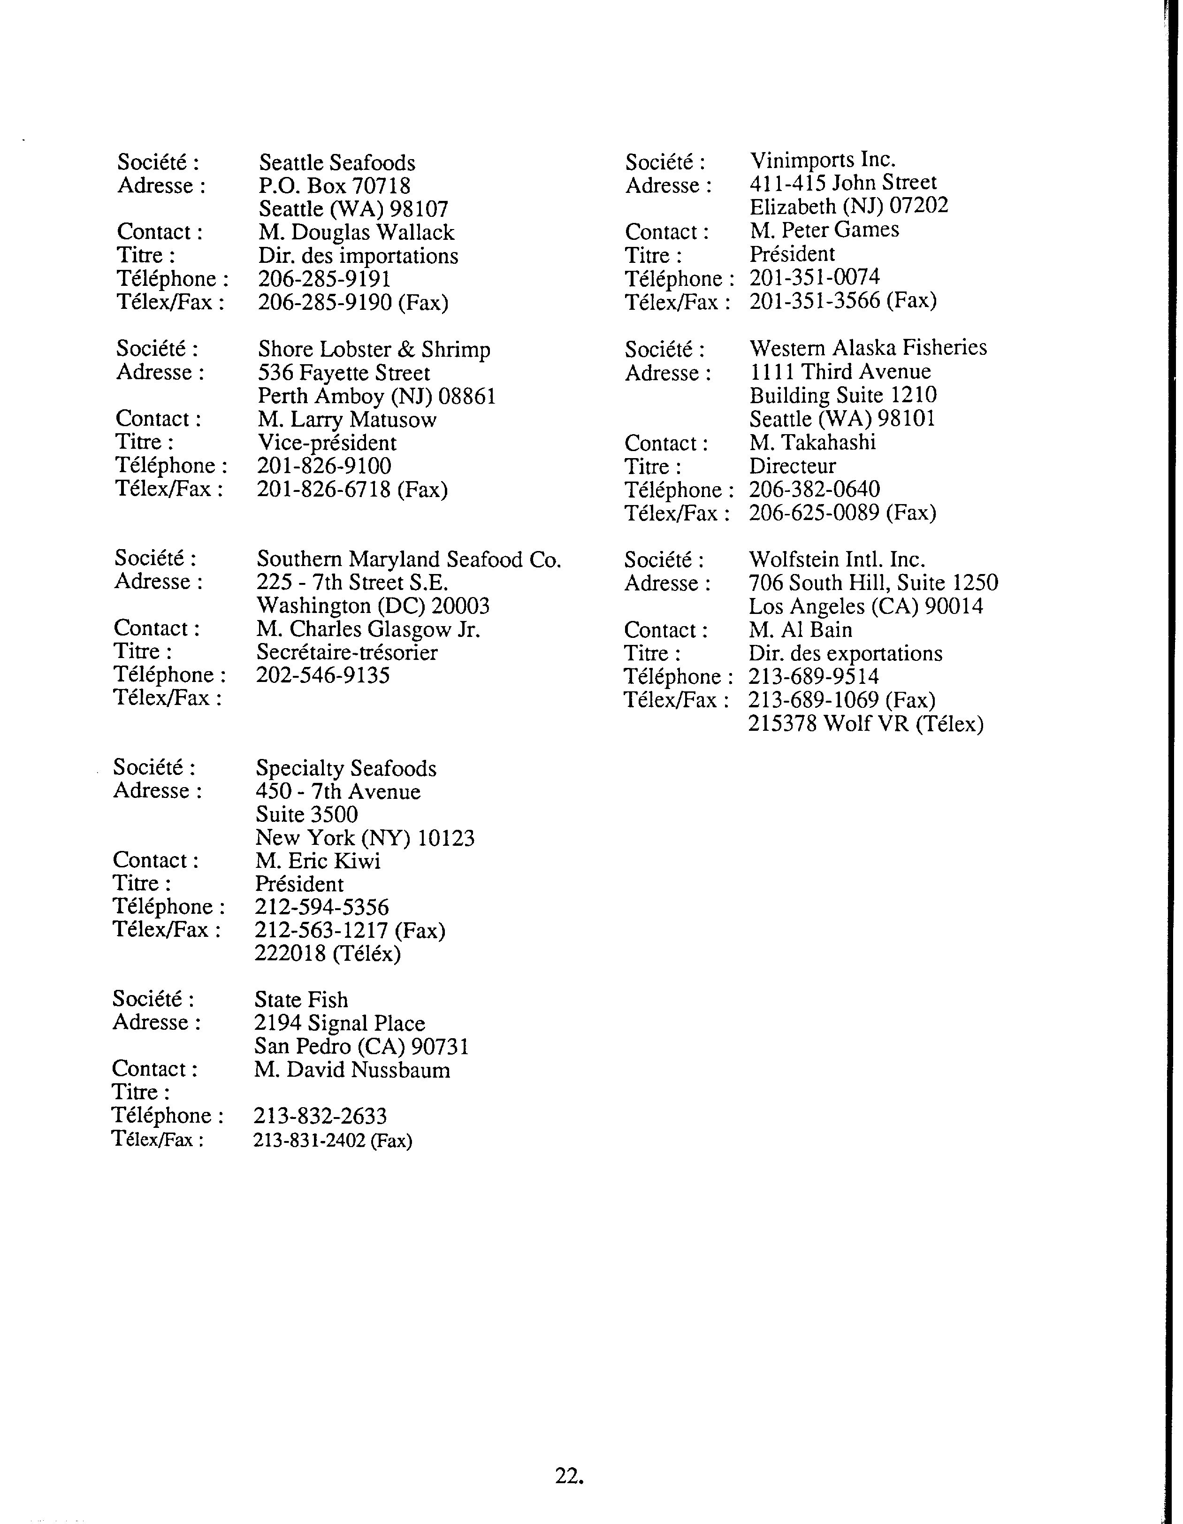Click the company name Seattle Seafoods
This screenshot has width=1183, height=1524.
[x=337, y=162]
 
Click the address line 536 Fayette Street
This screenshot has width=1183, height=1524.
[x=344, y=373]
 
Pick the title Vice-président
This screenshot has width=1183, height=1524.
[x=327, y=443]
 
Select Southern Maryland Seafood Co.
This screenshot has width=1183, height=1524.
[x=409, y=559]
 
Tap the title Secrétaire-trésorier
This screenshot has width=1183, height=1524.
[x=347, y=652]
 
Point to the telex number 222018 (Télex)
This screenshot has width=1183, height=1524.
[x=327, y=953]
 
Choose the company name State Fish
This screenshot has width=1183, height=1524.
[x=301, y=1000]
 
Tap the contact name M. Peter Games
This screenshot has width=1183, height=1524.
[x=824, y=230]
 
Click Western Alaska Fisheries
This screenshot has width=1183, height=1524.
[x=868, y=347]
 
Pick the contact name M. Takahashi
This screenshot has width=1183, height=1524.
[x=812, y=443]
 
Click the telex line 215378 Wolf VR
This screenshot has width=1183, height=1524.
[x=866, y=724]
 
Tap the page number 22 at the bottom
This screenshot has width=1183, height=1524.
[x=568, y=1475]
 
